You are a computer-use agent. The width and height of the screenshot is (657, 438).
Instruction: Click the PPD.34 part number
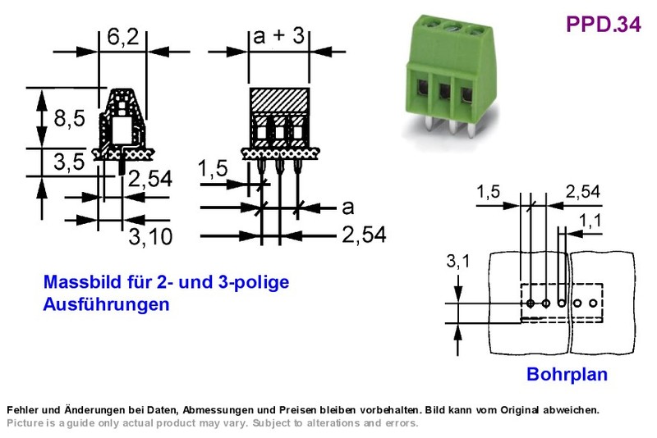click(603, 25)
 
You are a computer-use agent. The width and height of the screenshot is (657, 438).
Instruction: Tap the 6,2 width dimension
click(122, 37)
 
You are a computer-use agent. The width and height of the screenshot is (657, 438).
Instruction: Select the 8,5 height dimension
click(69, 118)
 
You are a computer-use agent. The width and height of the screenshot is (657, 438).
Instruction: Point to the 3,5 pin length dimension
click(69, 162)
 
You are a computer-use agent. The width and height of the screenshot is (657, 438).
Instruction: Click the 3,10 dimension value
click(150, 237)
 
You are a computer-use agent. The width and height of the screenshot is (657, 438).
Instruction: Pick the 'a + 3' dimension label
click(278, 35)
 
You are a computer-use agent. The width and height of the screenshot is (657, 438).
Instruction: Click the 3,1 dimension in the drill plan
click(458, 262)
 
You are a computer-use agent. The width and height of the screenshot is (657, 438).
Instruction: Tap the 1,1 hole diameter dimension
click(590, 221)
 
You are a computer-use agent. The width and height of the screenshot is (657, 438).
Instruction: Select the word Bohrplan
click(567, 374)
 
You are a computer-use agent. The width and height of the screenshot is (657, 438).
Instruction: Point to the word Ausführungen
click(106, 304)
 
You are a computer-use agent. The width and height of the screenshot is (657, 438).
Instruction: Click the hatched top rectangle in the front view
click(279, 99)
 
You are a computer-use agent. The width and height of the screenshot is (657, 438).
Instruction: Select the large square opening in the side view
click(122, 130)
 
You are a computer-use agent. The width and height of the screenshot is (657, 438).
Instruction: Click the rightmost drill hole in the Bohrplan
click(592, 303)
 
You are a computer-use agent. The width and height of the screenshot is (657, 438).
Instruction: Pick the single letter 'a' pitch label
click(347, 208)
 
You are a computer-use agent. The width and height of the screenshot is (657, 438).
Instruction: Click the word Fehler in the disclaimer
click(22, 410)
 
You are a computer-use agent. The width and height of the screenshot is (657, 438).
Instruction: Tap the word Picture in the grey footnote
click(25, 423)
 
